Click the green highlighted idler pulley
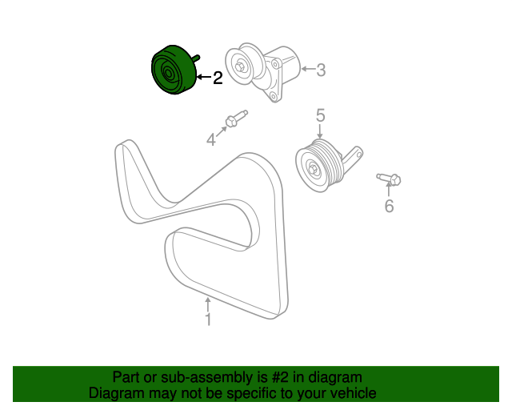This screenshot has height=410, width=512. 170,72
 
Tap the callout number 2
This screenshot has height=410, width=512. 218,78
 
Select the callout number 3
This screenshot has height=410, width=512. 321,70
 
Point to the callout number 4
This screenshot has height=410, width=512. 211,140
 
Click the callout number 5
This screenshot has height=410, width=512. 320,116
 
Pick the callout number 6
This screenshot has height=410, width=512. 389,207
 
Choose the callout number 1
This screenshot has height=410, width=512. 208,320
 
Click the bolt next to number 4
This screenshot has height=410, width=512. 235,121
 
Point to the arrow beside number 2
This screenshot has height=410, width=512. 202,78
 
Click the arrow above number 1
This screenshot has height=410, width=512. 208,304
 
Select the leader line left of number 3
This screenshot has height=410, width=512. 307,70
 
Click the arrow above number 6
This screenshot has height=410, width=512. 389,190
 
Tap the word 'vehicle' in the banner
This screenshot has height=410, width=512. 350,393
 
